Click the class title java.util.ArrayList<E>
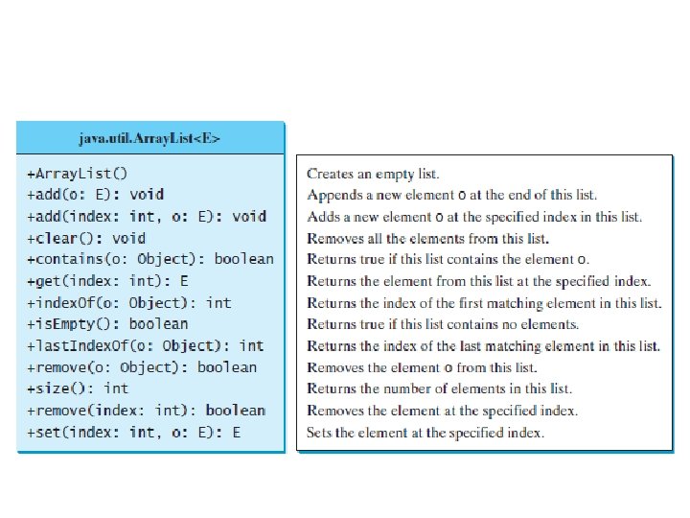click(150, 138)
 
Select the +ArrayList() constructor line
click(78, 174)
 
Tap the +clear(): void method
click(87, 238)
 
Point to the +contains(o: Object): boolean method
click(150, 259)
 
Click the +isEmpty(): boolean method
click(108, 324)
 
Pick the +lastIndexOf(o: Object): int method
click(146, 345)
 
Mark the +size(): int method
click(78, 388)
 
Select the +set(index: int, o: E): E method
click(134, 433)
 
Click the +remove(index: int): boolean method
click(146, 411)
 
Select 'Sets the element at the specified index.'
click(425, 433)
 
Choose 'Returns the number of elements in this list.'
click(439, 388)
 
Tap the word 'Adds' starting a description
click(321, 217)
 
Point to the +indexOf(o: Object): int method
click(129, 302)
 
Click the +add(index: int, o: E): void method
click(146, 217)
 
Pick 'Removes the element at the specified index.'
click(442, 411)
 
